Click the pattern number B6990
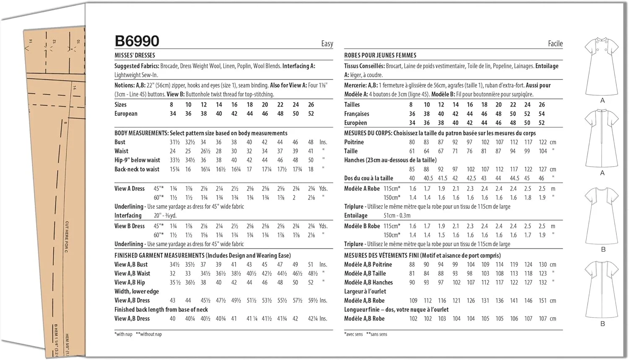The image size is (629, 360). pos(137,41)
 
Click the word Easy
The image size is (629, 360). pos(327,44)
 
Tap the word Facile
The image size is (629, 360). pos(555,44)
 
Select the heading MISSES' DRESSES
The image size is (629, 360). pos(135,55)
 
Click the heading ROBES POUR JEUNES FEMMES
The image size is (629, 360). pos(380,55)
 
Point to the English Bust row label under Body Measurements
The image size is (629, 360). pos(120,142)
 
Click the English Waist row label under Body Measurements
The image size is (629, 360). pos(121,151)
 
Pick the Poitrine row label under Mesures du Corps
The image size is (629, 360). pos(354,142)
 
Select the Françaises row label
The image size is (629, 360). pos(356,114)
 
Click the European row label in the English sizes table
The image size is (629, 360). pos(126,114)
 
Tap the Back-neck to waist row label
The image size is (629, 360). pos(137,169)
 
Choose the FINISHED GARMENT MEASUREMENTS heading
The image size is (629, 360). pos(203,256)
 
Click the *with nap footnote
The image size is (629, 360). pos(123,334)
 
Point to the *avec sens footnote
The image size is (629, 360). pos(353,334)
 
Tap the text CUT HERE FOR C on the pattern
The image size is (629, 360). pos(67,237)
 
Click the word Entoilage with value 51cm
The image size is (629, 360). pos(356,216)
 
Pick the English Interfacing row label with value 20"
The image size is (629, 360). pos(128,216)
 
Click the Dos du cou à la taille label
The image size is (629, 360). pos(369,178)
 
